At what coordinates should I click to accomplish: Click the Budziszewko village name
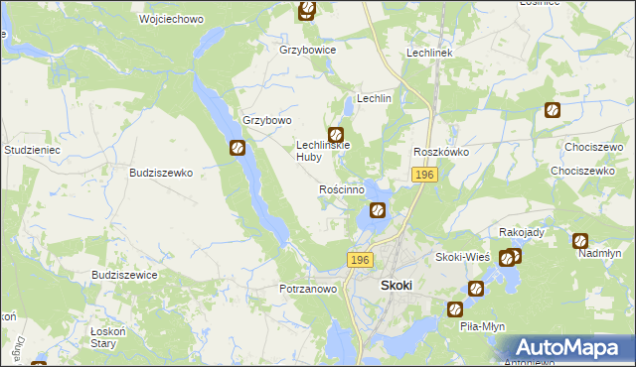pos(160,172)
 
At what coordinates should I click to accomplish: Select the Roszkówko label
pos(441,152)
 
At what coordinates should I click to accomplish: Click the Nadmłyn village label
pos(599,254)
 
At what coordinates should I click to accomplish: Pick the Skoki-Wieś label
pos(463,257)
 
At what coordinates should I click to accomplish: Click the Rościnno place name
pos(347,188)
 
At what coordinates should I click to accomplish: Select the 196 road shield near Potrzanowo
pos(360,259)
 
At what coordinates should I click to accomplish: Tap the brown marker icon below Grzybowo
pos(238,149)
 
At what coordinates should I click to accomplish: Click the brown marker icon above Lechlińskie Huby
pos(336,135)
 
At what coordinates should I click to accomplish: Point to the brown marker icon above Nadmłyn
pos(580,240)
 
